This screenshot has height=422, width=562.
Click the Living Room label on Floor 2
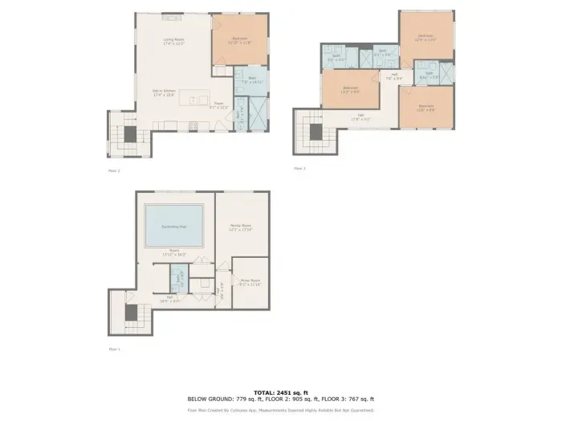(x=174, y=41)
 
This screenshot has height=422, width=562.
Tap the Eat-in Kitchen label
(x=164, y=92)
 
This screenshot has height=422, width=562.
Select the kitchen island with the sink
(x=193, y=99)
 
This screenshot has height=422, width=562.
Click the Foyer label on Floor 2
(x=218, y=104)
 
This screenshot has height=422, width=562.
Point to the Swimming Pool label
(x=173, y=227)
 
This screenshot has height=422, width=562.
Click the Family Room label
(x=242, y=227)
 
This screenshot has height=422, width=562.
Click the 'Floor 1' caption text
(x=114, y=350)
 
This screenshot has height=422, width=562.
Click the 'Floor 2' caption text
(x=114, y=171)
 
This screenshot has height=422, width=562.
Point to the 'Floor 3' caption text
(x=299, y=169)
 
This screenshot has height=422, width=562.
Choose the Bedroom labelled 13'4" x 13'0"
(x=426, y=38)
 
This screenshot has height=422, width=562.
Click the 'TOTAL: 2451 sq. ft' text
(x=281, y=391)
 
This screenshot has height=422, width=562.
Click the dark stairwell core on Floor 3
(x=316, y=132)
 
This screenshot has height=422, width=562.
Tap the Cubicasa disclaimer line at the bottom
(x=281, y=410)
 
